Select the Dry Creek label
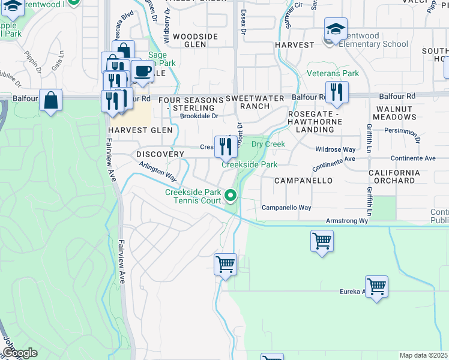coord(268,144)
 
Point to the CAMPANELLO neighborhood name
coord(303,180)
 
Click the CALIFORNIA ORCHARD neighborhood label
coord(400,176)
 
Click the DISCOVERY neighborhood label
coord(160,154)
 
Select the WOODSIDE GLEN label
coord(195,40)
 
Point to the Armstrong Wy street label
coord(346,221)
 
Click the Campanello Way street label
coord(286,208)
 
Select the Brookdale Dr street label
coord(199,116)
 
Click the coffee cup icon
coord(142,71)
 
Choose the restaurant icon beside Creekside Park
coord(226,145)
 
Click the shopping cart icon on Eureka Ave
coord(376,287)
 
